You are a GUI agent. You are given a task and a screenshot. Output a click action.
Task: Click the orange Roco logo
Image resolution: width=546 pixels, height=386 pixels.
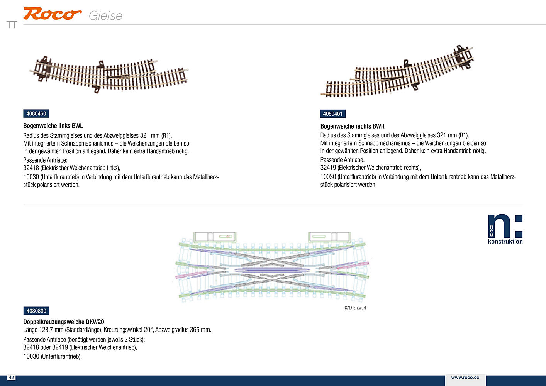tap(52, 14)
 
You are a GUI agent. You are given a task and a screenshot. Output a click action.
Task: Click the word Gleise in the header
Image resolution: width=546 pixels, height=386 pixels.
tap(105, 16)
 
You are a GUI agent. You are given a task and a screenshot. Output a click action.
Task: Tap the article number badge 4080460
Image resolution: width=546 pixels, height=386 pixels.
tap(36, 113)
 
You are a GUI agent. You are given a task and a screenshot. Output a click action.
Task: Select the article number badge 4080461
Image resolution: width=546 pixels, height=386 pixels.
tap(333, 114)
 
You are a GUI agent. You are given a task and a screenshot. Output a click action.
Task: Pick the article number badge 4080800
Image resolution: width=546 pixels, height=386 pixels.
tap(36, 311)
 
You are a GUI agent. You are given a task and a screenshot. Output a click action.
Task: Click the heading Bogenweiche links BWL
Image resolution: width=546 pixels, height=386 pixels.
tap(53, 126)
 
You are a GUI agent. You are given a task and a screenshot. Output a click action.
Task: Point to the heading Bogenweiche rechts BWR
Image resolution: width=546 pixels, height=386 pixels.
tap(353, 126)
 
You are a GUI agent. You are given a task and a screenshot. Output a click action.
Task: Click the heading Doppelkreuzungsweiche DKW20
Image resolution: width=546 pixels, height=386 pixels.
tap(64, 322)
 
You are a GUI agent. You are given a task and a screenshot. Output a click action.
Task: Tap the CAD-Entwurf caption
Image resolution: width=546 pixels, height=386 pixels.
tap(355, 308)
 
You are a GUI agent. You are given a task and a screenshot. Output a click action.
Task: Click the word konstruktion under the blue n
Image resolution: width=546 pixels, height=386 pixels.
tap(505, 242)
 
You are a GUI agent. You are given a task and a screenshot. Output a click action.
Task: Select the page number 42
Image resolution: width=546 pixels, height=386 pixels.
tap(11, 378)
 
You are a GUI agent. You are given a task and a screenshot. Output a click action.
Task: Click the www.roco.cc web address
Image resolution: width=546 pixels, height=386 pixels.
tap(465, 378)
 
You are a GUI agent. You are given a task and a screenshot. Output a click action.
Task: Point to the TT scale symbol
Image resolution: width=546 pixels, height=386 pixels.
tap(12, 25)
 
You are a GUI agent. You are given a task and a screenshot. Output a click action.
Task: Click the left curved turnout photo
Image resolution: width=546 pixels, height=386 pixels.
tap(109, 74)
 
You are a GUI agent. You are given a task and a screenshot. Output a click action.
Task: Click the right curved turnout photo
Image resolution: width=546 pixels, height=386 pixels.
tap(397, 71)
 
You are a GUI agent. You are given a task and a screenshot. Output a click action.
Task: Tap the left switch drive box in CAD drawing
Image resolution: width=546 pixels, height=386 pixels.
tap(215, 237)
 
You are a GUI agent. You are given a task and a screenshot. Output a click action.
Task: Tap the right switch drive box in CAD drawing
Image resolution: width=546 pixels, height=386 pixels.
tap(329, 237)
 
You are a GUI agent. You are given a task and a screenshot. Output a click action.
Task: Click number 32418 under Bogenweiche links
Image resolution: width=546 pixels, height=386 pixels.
tap(31, 168)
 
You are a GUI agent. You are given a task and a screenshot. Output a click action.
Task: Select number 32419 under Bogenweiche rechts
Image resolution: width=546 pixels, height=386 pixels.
tap(328, 168)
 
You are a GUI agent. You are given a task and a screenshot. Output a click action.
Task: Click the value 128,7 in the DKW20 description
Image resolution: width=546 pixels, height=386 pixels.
tap(47, 330)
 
